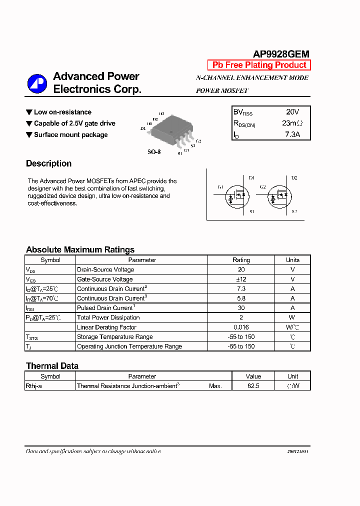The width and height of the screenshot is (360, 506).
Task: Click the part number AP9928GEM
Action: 281,54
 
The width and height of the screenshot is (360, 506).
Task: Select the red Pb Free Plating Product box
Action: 259,65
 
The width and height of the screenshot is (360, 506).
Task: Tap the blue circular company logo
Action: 37,83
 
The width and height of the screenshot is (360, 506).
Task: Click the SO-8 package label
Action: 154,151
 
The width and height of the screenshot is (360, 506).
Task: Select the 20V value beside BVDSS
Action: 292,112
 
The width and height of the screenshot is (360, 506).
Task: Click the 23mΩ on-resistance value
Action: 292,123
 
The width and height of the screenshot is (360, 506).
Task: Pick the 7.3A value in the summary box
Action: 292,134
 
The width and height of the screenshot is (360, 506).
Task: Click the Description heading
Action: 48,163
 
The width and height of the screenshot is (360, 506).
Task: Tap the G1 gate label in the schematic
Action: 220,187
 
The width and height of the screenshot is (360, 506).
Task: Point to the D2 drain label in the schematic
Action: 294,178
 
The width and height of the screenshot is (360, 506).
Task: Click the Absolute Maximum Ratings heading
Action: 80,249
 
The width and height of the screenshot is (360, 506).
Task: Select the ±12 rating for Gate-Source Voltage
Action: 241,279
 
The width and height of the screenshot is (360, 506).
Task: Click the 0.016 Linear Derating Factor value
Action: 241,327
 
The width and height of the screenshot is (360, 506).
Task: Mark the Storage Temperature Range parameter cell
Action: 114,337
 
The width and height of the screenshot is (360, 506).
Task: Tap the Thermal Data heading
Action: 52,366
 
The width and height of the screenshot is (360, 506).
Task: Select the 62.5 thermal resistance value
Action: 253,386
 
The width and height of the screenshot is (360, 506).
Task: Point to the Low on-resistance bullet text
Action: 62,112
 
